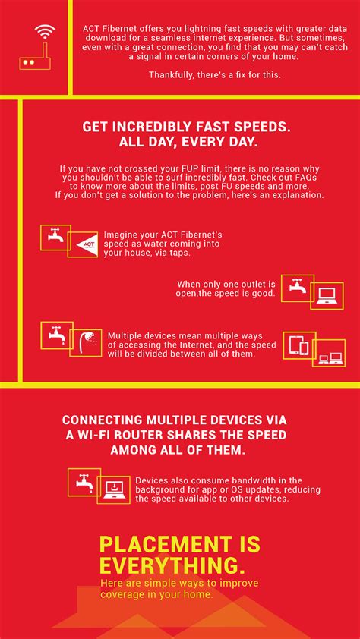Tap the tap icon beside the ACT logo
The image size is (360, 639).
(55, 237)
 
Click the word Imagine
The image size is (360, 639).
(118, 236)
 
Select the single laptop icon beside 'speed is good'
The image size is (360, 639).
(327, 295)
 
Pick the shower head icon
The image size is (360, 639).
(86, 343)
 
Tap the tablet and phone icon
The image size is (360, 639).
(299, 346)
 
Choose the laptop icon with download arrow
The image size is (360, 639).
(114, 489)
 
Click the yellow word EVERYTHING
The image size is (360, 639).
(169, 566)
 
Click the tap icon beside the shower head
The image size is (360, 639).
(57, 334)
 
